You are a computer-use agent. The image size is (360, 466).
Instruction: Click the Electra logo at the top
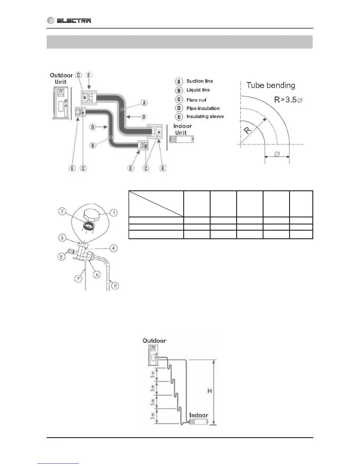pos(69,20)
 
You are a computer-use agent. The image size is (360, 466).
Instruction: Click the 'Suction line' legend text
pos(199,81)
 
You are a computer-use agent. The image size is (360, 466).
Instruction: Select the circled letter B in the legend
pos(179,90)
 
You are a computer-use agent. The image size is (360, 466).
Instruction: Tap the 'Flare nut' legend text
pos(196,100)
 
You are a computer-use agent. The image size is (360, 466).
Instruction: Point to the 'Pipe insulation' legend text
pos(203,108)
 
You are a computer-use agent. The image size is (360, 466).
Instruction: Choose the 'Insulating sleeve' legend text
pos(205,116)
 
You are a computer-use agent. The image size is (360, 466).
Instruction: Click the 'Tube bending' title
pos(271,85)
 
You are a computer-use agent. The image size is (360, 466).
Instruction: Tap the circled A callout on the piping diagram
pos(144,103)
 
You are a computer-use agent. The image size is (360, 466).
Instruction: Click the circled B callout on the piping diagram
pos(93,145)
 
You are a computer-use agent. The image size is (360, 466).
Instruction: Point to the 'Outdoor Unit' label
pos(61,79)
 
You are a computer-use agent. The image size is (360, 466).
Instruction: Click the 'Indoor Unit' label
pos(182,129)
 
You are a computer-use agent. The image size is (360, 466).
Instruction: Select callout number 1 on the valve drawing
pos(114,212)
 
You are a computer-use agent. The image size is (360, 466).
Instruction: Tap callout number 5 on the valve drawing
pos(61,257)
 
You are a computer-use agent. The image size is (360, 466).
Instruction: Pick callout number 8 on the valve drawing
pos(115,285)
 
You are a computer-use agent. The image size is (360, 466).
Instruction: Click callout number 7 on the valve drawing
pos(78,279)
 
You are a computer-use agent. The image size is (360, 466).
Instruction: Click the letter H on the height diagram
pos(210,391)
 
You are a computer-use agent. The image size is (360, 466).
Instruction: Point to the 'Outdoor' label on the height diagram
pos(154,341)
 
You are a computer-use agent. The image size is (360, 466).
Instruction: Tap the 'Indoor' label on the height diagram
pos(199,415)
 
